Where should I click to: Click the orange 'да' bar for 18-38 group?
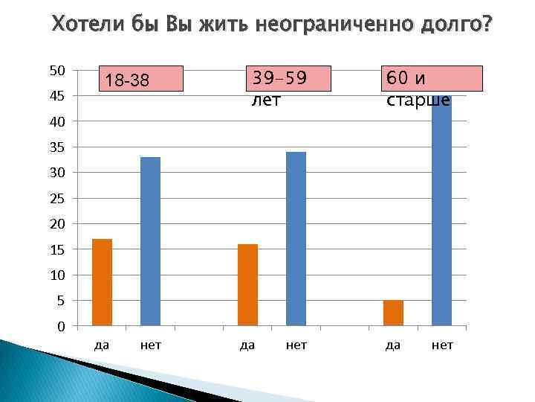click(x=102, y=283)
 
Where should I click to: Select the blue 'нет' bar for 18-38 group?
click(x=150, y=242)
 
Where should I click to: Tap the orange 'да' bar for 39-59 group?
click(x=247, y=285)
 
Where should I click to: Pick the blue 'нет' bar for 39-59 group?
click(x=296, y=239)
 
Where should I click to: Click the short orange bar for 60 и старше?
click(x=393, y=313)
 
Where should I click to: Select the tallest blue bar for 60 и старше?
click(x=441, y=216)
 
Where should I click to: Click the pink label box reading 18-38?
click(x=141, y=80)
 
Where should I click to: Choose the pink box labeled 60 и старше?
click(x=433, y=78)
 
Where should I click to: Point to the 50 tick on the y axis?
click(x=57, y=71)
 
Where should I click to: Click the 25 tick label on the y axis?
click(x=57, y=199)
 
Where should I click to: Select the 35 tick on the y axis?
click(x=57, y=147)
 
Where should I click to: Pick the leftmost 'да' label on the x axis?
click(x=102, y=346)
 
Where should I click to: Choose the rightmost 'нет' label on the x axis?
click(x=442, y=346)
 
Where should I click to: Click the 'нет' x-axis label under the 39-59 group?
click(x=296, y=346)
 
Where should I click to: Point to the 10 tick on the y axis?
click(x=57, y=275)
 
